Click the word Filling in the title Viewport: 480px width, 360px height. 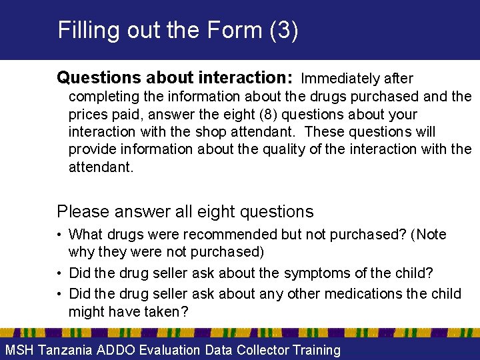pos(86,30)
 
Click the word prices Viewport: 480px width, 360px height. pos(87,114)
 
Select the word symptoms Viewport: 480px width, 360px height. pos(317,273)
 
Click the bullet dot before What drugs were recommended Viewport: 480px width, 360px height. pos(60,235)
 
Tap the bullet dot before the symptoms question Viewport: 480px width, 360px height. pos(60,273)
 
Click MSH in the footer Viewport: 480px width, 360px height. pos(19,350)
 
